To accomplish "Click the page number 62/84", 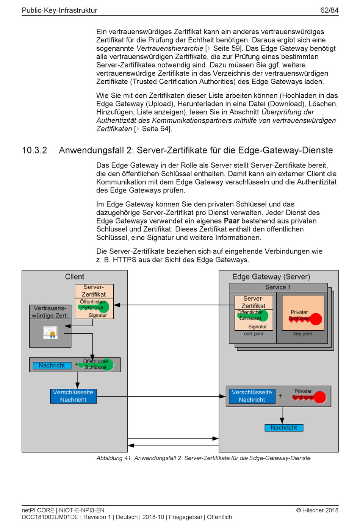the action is coord(329,10).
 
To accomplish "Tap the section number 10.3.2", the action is coord(34,150).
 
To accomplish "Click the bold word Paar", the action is coord(232,221).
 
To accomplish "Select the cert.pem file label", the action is coord(254,333).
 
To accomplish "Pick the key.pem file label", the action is coord(303,333).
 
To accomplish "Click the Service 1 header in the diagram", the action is coord(278,287).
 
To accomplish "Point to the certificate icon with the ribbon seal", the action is coord(50,332).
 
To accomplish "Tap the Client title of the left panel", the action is coord(74,277).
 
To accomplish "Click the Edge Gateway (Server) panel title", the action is coord(271,277).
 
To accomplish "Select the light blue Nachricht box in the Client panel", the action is coord(52,366).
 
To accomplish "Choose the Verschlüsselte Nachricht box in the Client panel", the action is coord(74,396).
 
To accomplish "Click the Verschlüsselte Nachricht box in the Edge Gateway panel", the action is coord(252,396).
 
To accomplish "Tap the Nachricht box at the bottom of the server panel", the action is coord(284,428).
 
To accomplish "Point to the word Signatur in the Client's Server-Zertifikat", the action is coord(98,315).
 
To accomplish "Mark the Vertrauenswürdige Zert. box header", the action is coord(50,312).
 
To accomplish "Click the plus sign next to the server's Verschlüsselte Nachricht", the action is coord(280,396).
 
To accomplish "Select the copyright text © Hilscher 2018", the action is coord(317,510).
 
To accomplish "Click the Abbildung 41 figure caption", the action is coord(203,458).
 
